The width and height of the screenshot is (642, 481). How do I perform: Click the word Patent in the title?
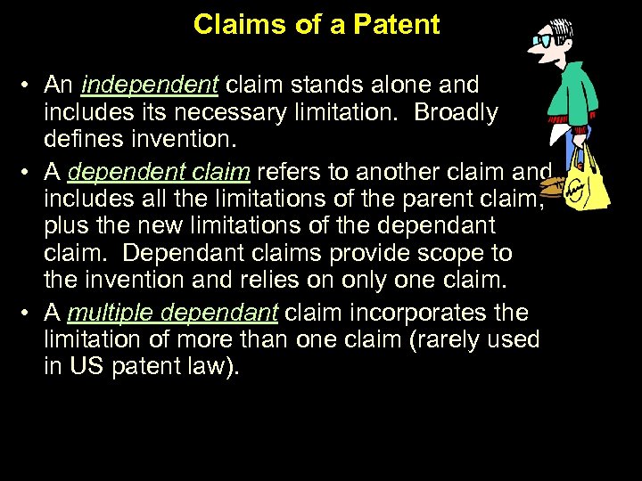tap(397, 24)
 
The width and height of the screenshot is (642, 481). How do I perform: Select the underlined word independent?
tap(149, 86)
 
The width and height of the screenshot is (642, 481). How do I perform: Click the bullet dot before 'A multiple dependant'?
tap(29, 314)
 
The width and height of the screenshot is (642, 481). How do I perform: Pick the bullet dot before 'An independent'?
tap(29, 86)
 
